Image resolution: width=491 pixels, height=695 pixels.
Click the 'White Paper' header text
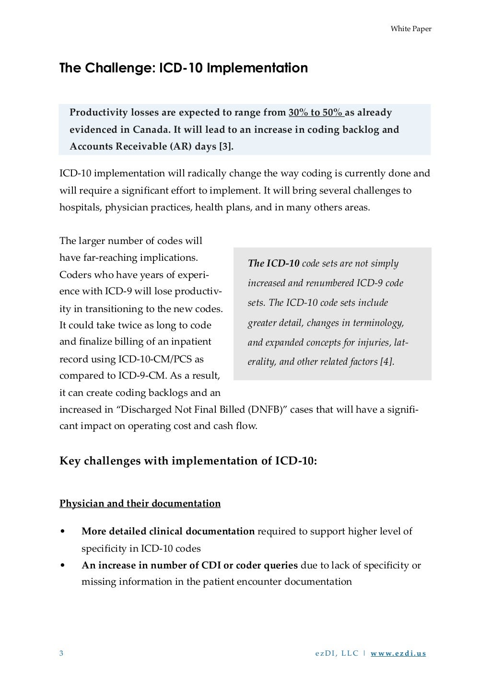411,29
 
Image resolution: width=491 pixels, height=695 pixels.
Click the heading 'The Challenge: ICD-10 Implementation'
183,68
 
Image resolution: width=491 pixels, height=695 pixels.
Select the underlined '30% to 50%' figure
316,113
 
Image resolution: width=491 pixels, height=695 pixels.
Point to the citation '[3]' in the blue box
225,147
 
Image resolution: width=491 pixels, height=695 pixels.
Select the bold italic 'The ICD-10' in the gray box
273,263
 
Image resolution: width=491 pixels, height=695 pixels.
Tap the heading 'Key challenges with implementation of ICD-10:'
188,461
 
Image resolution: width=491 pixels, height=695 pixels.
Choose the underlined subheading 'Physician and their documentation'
140,504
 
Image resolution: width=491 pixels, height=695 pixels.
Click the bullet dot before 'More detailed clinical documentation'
63,532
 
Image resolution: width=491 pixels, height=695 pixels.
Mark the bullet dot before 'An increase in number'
63,566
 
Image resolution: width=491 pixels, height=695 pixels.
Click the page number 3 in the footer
61,653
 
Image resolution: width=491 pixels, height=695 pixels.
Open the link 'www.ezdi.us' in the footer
398,653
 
